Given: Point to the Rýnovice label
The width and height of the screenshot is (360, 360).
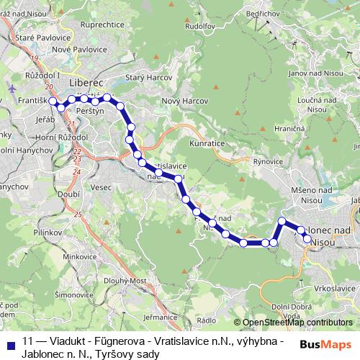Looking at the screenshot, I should coord(270,163).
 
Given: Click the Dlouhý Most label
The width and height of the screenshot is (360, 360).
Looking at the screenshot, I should coord(138,281).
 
